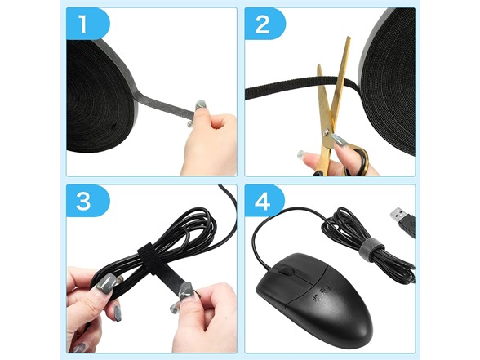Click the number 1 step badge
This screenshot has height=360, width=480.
[87, 24]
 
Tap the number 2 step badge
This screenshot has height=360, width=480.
[265, 24]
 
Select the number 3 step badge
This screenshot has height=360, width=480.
[87, 201]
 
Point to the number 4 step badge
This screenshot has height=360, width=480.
[264, 201]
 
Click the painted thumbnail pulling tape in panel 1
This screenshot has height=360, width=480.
[201, 105]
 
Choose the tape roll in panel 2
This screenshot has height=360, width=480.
[389, 82]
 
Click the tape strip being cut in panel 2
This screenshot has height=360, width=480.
[301, 87]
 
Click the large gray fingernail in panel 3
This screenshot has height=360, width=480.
[106, 284]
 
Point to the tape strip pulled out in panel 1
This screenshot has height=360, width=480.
[165, 104]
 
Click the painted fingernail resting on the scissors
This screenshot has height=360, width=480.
[339, 140]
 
